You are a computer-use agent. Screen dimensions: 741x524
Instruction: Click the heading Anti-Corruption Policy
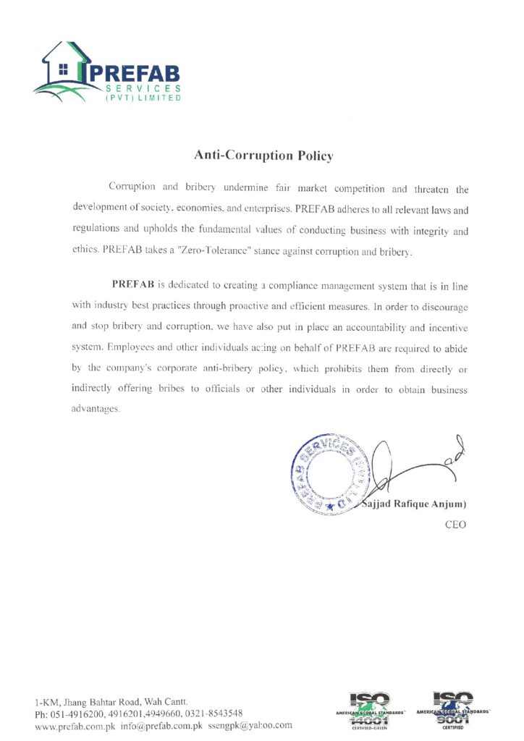coord(263,155)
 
